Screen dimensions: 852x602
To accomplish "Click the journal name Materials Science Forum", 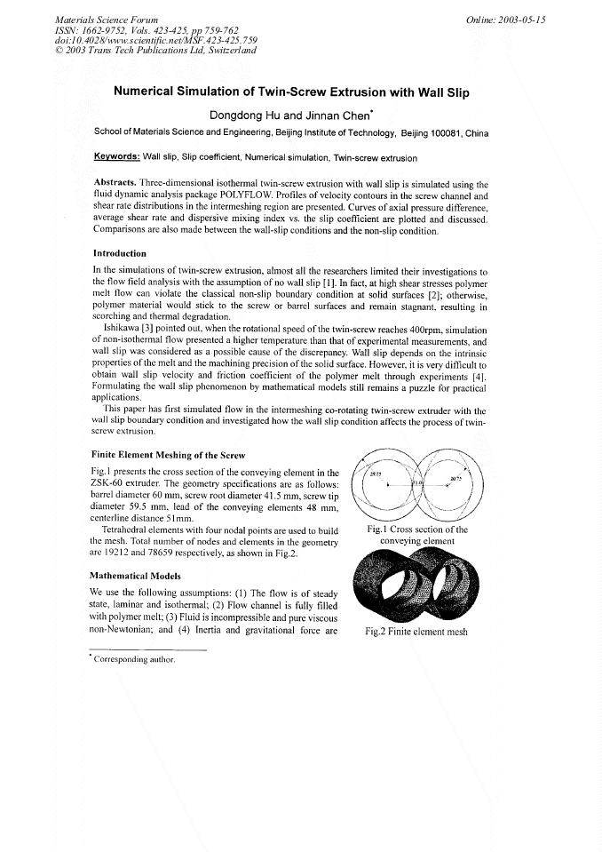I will point(107,19).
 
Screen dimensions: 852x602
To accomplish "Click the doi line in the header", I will point(143,40).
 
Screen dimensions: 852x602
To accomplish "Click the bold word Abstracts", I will point(120,184).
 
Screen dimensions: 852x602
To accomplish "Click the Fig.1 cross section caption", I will point(416,535).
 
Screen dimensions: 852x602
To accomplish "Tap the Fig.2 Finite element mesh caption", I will point(416,633).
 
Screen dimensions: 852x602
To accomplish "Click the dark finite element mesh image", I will point(416,585).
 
